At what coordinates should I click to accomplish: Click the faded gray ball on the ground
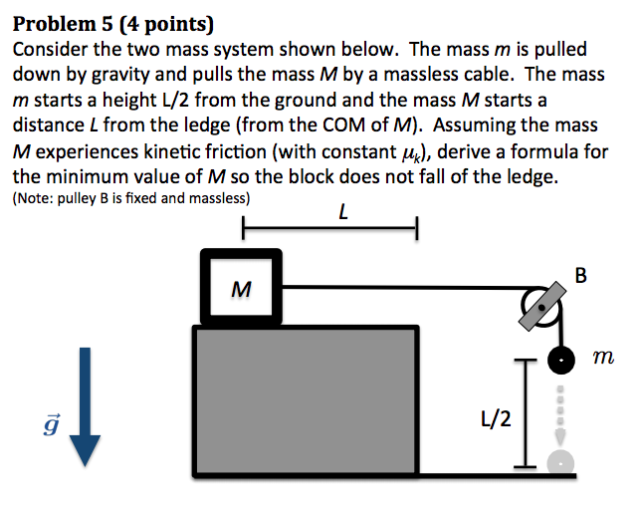[x=562, y=460]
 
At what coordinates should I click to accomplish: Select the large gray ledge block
[x=305, y=396]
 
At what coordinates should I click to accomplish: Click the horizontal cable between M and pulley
[x=408, y=287]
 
